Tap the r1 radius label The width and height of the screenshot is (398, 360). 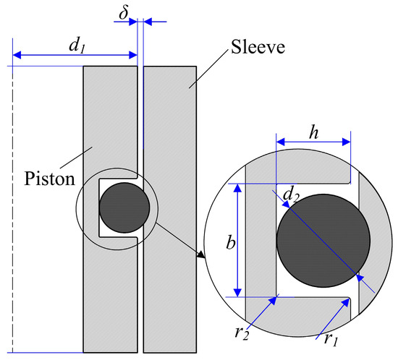pyautogui.click(x=327, y=334)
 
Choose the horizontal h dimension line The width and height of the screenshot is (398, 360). pyautogui.click(x=313, y=141)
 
